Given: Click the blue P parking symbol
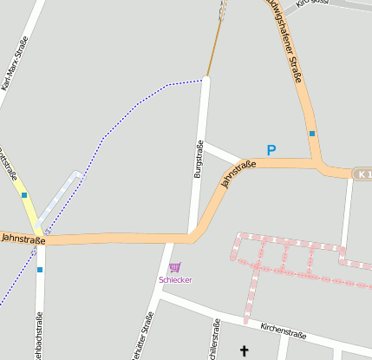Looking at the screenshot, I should pos(271,150).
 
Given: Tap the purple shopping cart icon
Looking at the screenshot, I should pos(174,267).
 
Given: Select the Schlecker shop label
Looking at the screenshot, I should pos(175,279).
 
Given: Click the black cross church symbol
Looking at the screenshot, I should pos(244,350).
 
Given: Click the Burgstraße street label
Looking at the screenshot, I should pos(199,160).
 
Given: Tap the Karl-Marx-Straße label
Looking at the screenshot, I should pos(15,63).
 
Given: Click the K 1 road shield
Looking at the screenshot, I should pos(362,174).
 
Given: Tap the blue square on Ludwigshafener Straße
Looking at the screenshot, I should pos(311,134).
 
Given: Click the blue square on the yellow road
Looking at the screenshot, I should pos(24,195).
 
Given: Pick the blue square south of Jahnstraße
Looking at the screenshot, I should pos(39,270).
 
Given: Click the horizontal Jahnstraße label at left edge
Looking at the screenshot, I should pos(22,236).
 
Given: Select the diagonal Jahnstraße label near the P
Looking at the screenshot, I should pos(238,173).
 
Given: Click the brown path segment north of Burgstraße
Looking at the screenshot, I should pos(215,43).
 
